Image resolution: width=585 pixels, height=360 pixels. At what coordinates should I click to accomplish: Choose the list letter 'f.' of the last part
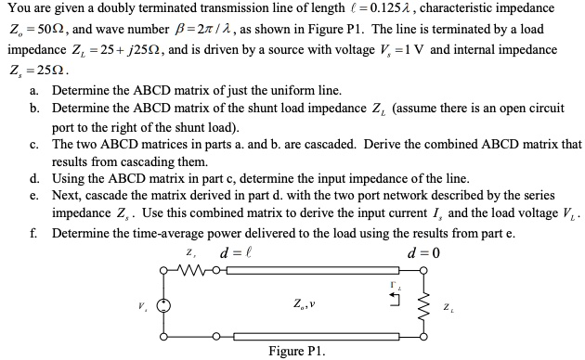33,233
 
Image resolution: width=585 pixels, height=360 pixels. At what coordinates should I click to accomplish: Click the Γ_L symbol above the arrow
396,284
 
